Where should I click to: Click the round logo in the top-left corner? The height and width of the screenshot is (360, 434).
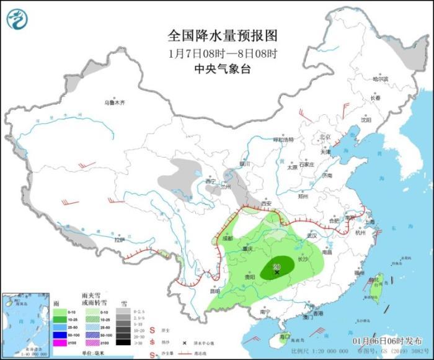[18, 18]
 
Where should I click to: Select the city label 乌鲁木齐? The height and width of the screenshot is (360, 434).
[115, 102]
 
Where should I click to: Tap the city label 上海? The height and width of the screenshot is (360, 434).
[370, 222]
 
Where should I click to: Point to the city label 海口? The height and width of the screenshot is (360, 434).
[285, 336]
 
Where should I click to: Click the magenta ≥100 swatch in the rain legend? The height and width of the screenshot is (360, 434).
[64, 342]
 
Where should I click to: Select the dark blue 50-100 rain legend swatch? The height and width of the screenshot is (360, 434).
[64, 333]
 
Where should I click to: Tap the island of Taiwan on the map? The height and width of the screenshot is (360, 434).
[378, 286]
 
